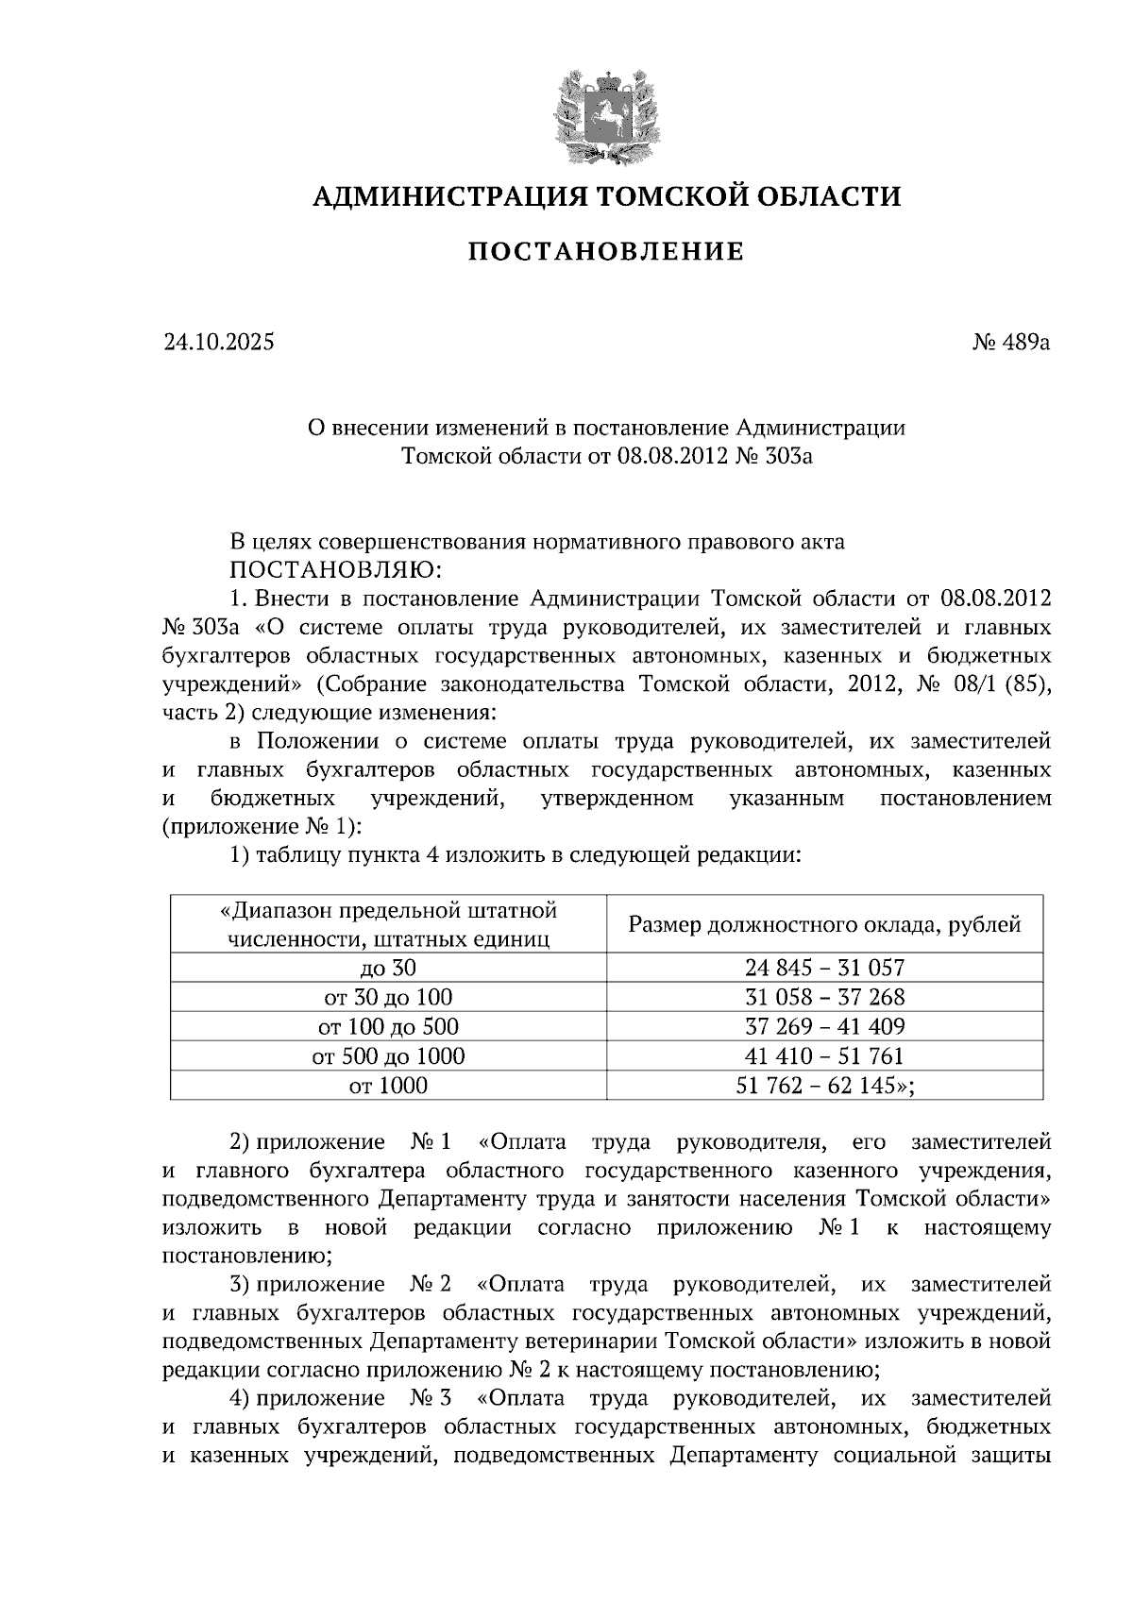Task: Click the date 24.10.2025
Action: (218, 343)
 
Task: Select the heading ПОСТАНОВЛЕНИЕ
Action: (606, 252)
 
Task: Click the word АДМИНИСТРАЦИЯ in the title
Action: (441, 196)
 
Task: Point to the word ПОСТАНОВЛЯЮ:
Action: (330, 570)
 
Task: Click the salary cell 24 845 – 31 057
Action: (824, 968)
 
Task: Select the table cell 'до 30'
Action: (388, 968)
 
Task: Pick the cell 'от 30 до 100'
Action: (388, 997)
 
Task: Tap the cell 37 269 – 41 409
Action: (824, 1026)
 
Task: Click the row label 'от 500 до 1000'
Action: (388, 1055)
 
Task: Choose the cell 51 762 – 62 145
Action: (824, 1086)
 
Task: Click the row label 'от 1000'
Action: (388, 1086)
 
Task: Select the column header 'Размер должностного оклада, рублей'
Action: (824, 924)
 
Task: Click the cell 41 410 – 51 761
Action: (824, 1055)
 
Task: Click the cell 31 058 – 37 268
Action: (824, 997)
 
